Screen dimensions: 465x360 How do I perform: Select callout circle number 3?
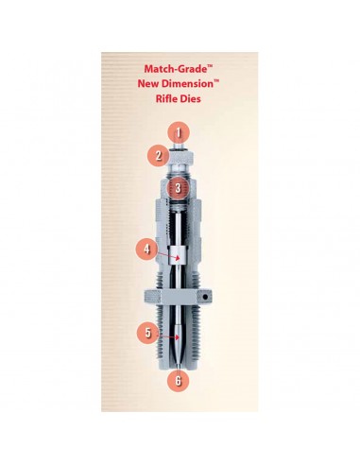tap(179, 187)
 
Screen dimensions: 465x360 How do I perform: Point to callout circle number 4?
tap(145, 250)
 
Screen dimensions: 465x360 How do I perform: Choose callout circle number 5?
tap(146, 332)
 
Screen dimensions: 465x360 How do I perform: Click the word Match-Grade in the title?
tap(174, 69)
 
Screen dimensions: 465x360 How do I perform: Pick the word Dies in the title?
tap(195, 98)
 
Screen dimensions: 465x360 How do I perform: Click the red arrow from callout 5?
tap(166, 333)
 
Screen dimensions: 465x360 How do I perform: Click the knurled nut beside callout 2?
tap(182, 154)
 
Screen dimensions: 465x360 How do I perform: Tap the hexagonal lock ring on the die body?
tap(179, 297)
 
